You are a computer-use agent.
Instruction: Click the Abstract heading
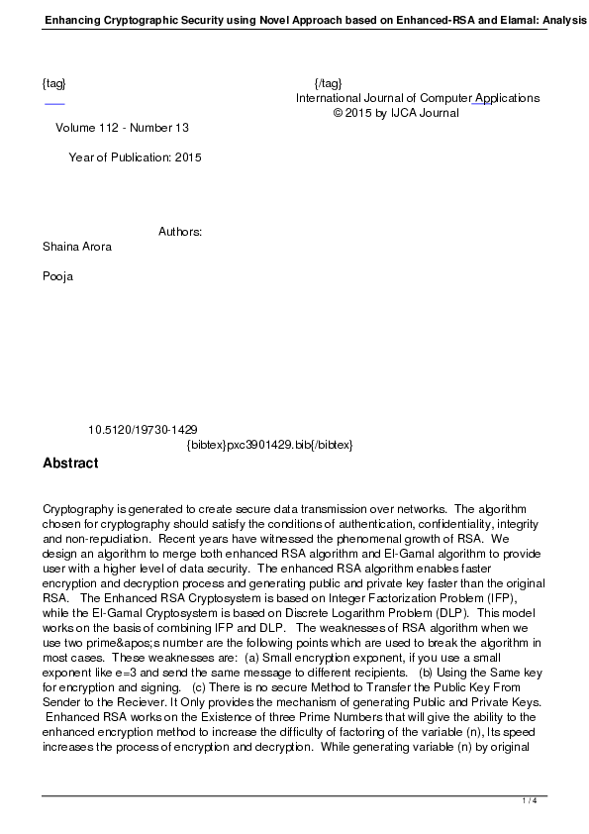[x=70, y=463]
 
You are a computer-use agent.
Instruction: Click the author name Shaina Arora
[x=77, y=247]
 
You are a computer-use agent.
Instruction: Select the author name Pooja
[x=57, y=276]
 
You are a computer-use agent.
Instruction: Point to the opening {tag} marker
[x=54, y=83]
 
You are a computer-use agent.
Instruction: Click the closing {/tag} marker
[x=328, y=83]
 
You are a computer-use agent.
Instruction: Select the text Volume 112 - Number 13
[x=122, y=128]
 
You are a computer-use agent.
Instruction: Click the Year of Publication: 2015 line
[x=135, y=157]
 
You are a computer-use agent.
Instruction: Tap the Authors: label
[x=180, y=232]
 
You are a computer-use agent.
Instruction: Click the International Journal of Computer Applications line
[x=417, y=98]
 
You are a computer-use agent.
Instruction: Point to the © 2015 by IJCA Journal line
[x=396, y=113]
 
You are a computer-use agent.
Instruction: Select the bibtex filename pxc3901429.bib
[x=269, y=445]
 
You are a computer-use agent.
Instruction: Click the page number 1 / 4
[x=530, y=800]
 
